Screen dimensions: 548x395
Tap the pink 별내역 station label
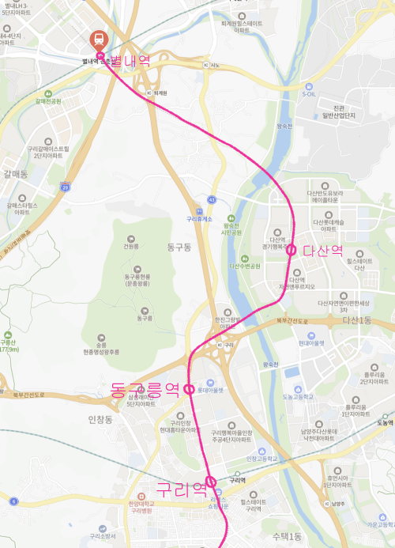pos(130,62)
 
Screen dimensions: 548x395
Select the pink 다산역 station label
pos(323,250)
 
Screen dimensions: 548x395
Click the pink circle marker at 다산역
pos(291,250)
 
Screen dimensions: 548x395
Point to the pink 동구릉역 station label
pos(145,389)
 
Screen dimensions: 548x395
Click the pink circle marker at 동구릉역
pos(190,388)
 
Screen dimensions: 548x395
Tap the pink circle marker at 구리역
pos(211,482)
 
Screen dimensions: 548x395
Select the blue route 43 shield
pos(212,199)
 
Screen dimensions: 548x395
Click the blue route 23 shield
pos(66,187)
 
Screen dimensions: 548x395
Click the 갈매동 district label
pos(15,173)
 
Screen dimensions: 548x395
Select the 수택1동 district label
pos(288,537)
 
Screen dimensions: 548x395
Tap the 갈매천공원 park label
pos(47,101)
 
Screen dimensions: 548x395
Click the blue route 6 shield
pos(14,501)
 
